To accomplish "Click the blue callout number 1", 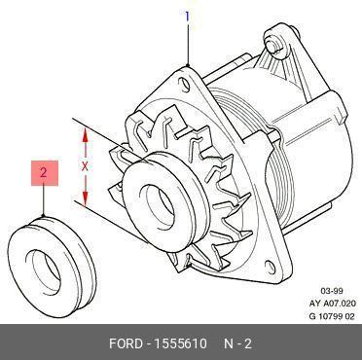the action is (x=187, y=17).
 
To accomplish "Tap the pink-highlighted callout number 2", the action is (x=45, y=173).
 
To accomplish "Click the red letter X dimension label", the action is (x=85, y=167).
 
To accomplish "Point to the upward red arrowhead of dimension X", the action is (x=85, y=134).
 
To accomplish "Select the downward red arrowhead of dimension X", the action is (x=85, y=198).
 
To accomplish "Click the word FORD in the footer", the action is (x=126, y=343).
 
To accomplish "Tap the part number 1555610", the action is (x=180, y=343).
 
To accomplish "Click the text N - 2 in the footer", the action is (x=238, y=343).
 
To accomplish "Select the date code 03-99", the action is (x=331, y=291).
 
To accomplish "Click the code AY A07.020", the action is (x=333, y=304).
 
